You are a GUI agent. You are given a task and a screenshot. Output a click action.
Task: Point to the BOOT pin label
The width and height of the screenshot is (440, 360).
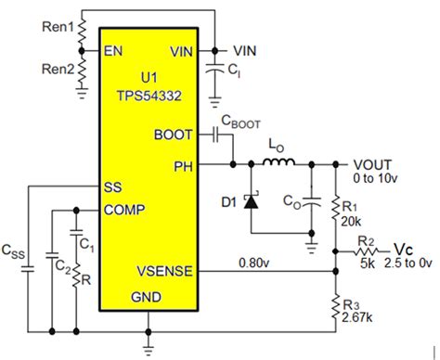coord(175,135)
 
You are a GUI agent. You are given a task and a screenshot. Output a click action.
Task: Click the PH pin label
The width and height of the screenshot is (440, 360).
coord(183,166)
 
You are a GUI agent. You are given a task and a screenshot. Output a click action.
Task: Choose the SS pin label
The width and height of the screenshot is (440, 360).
coord(114,186)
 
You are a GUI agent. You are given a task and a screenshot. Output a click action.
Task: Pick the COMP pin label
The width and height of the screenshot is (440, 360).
coord(124,210)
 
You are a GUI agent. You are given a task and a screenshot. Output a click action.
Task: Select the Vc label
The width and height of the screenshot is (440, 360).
coord(402,250)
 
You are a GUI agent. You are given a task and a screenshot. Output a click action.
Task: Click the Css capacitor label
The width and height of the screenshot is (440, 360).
coord(13,249)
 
